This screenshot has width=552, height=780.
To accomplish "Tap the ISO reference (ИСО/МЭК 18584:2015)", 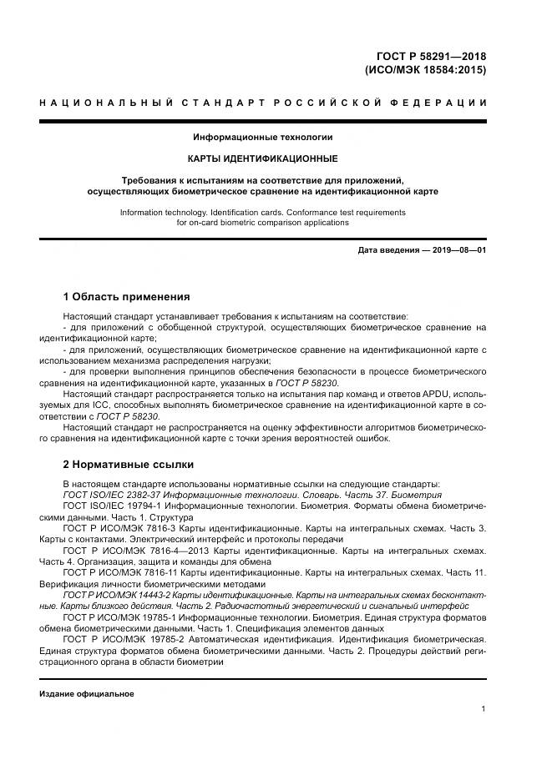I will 426,70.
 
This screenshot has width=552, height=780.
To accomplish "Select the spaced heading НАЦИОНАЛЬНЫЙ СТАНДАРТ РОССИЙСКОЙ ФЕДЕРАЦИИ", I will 263,103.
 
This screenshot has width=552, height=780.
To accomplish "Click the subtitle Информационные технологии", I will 263,136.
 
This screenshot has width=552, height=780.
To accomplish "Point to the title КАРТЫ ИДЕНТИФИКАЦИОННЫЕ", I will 263,158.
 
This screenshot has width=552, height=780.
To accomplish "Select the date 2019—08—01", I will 458,250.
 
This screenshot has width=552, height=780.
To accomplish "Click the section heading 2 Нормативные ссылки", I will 129,464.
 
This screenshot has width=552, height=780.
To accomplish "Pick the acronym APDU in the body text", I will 410,392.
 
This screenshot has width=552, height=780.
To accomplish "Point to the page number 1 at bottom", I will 484,709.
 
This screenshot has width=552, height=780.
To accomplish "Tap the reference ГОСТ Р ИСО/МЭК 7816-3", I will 123,529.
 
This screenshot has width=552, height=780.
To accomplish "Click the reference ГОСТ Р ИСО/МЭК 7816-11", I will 124,574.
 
